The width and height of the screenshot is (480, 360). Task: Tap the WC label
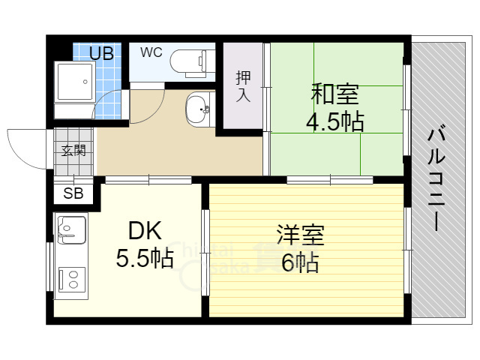[151, 52]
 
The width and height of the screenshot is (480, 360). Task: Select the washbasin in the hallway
[199, 110]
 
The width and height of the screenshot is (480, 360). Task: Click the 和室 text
[335, 95]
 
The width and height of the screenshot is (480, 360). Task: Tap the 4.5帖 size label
[334, 121]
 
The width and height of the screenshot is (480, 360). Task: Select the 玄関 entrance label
[73, 150]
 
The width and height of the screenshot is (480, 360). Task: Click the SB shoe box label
[73, 193]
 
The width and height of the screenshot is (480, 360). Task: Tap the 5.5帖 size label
[144, 259]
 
